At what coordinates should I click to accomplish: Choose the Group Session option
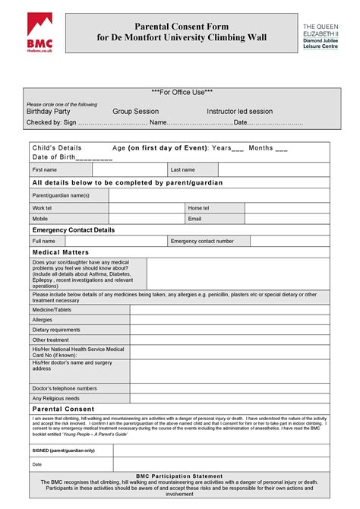(x=135, y=112)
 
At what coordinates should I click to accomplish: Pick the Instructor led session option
(x=239, y=112)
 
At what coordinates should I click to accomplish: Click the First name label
(x=45, y=170)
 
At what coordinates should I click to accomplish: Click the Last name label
(x=183, y=170)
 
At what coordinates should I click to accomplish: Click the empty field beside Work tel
(x=147, y=207)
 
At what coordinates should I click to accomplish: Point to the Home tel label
(x=198, y=207)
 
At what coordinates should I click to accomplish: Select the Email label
(x=195, y=219)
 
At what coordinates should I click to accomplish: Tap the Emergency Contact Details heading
(x=74, y=229)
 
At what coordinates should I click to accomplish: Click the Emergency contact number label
(x=202, y=241)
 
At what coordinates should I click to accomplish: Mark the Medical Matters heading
(x=61, y=252)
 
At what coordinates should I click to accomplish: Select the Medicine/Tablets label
(x=52, y=309)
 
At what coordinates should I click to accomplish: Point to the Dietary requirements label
(x=56, y=330)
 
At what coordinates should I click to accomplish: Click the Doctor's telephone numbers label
(x=65, y=388)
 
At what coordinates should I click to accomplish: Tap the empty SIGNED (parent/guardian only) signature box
(x=221, y=450)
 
